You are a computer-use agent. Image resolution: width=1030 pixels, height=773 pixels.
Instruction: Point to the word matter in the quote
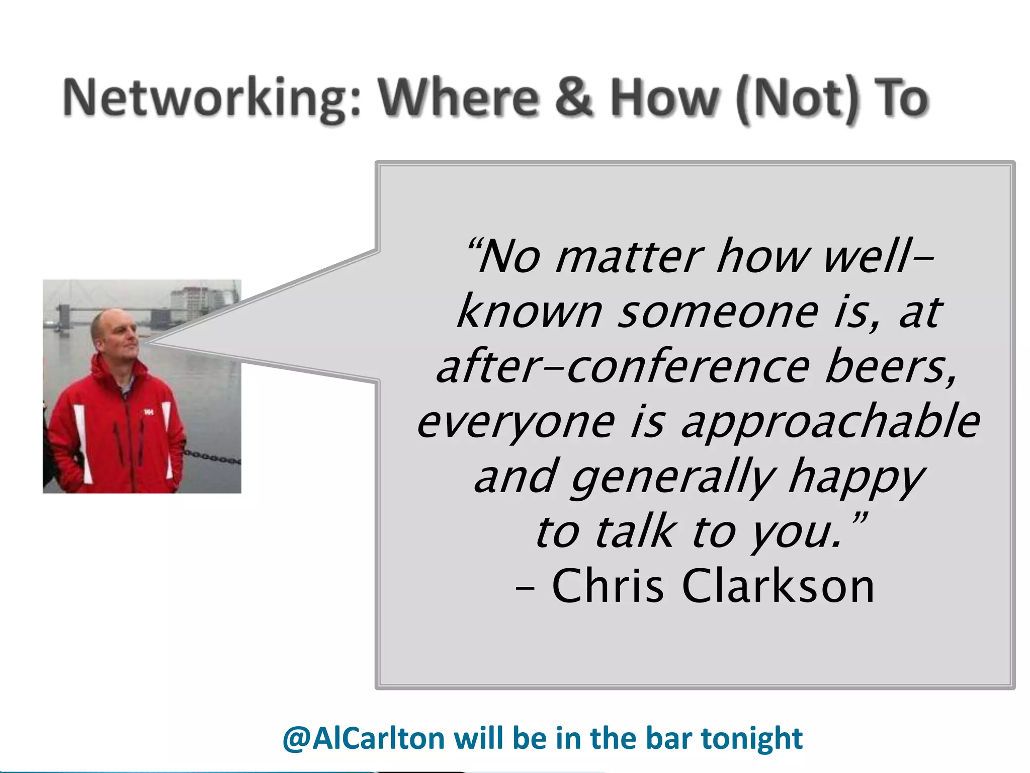click(x=629, y=258)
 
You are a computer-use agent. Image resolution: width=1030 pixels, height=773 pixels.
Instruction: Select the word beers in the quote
click(x=890, y=367)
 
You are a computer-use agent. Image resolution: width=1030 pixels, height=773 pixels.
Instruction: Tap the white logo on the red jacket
click(x=148, y=412)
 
